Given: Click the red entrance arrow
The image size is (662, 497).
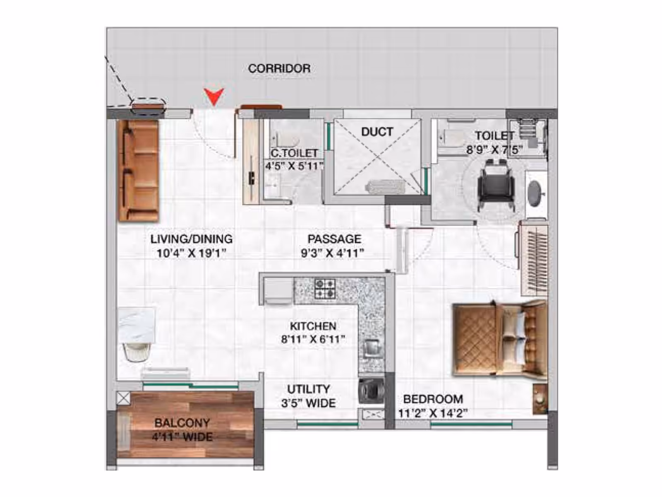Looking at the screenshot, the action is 214,97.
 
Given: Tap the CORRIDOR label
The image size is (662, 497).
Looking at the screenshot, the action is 279,68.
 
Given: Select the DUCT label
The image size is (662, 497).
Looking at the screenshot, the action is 377,132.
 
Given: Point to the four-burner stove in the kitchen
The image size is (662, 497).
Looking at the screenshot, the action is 325,289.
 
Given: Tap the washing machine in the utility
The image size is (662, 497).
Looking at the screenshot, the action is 371,391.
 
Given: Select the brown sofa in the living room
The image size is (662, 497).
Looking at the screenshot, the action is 139,170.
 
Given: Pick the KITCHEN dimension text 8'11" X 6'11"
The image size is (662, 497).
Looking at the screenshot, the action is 313,340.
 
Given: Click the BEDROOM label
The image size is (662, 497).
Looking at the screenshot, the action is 433,399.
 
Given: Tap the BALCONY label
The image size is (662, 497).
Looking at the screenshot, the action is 182,423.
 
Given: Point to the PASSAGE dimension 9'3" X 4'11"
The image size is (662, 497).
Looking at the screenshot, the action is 333,253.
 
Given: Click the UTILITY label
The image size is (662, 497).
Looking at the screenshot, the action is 309,389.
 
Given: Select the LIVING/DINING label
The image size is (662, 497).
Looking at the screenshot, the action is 192,239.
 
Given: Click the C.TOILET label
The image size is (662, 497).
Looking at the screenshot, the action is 294,153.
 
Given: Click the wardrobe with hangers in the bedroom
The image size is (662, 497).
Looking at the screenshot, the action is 533,258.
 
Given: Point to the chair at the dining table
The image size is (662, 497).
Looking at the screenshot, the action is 137,352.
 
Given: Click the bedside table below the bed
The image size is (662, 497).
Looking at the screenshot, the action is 540,399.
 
